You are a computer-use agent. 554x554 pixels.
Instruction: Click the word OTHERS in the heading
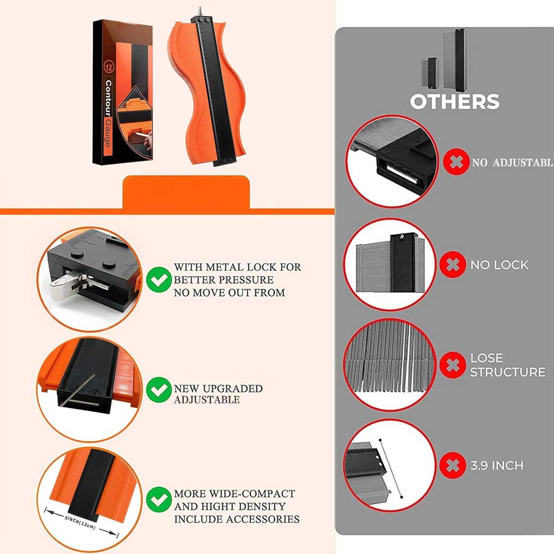coord(455,102)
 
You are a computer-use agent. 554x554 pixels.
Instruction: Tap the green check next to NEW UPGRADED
coord(159,390)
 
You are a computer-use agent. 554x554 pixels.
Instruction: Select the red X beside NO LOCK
coord(452,265)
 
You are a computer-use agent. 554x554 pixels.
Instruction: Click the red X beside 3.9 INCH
coord(452,465)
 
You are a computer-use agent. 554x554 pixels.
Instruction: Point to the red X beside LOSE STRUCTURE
coord(452,365)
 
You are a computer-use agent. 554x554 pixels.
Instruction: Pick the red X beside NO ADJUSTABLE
coord(456,162)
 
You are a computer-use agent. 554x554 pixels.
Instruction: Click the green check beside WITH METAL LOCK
coord(159,279)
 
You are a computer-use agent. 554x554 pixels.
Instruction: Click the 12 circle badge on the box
coord(109,67)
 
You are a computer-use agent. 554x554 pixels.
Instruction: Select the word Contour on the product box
coord(108,98)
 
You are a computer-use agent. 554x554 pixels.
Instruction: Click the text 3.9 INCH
coord(497,466)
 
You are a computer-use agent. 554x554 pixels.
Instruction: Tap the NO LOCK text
coord(500,265)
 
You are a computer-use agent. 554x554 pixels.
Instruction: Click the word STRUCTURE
coord(508,372)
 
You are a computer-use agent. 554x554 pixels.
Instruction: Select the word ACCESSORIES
coord(263,519)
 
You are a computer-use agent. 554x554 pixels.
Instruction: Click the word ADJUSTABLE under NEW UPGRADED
coord(207,400)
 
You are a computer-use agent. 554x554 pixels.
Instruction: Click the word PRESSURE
coord(246,280)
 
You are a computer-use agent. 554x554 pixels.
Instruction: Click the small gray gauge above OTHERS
coord(429,73)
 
